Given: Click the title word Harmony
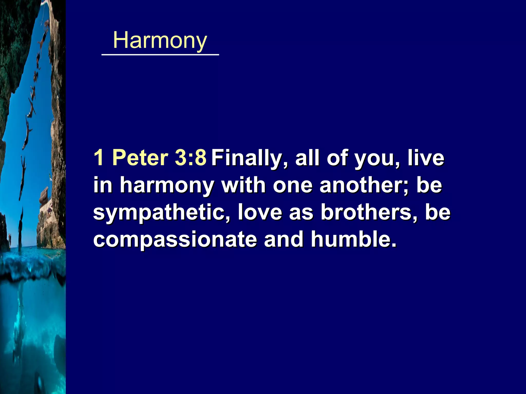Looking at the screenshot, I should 160,41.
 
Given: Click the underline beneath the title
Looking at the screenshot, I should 160,55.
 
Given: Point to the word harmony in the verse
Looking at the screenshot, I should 167,186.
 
